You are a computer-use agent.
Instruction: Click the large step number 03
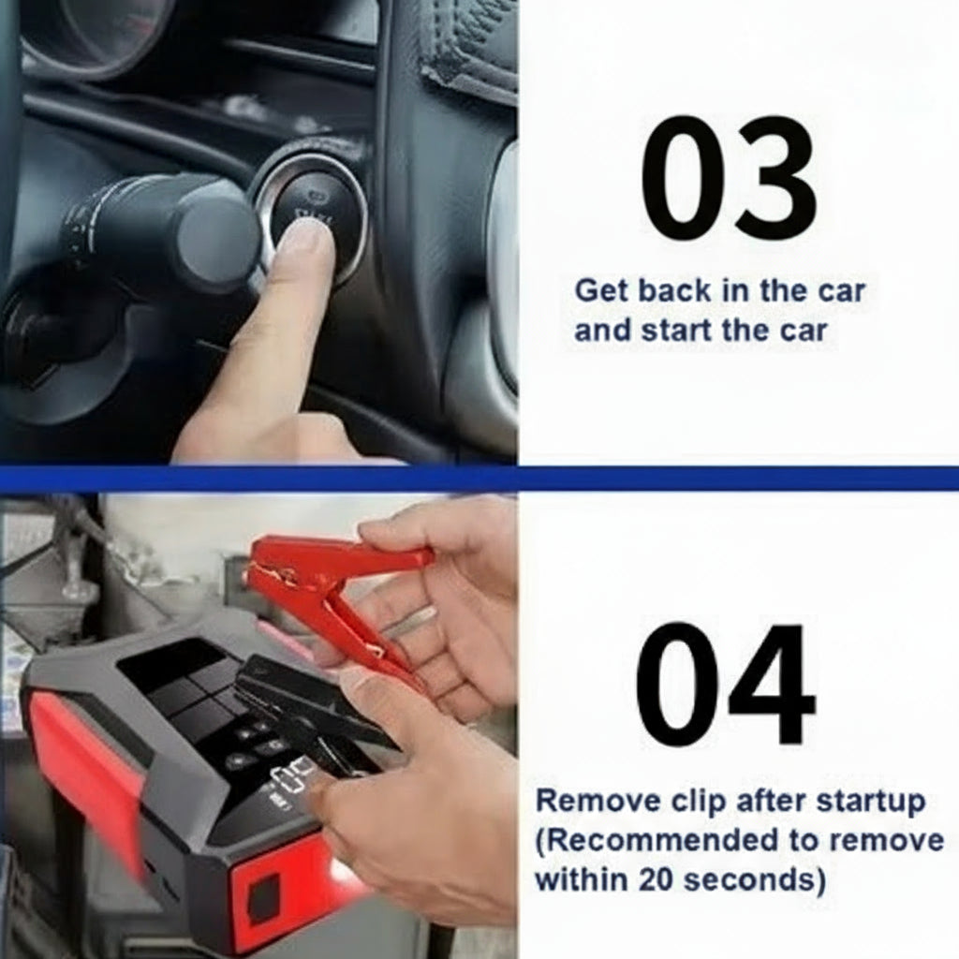click(x=729, y=177)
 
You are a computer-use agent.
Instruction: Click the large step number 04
click(x=726, y=684)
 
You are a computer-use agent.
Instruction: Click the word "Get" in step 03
click(x=602, y=290)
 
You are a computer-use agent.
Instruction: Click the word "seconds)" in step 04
click(x=754, y=880)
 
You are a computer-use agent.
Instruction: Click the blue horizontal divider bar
click(x=479, y=479)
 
